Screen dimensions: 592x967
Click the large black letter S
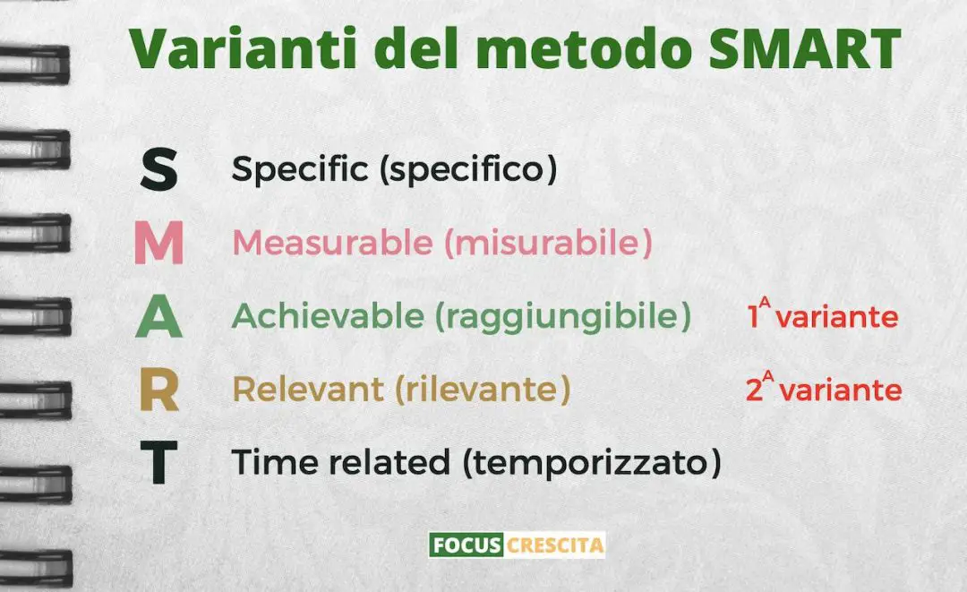coord(158,170)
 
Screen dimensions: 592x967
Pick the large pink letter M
coord(158,245)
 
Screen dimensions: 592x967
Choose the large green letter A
coord(158,318)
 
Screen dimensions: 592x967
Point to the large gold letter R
coord(158,391)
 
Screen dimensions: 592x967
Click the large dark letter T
coord(158,465)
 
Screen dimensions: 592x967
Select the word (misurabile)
coord(548,244)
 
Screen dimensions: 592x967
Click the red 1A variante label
coord(821,316)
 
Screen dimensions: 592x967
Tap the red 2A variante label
coord(823,390)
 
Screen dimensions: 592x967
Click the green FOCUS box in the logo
coord(466,544)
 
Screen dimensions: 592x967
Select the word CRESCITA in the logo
coord(555,544)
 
